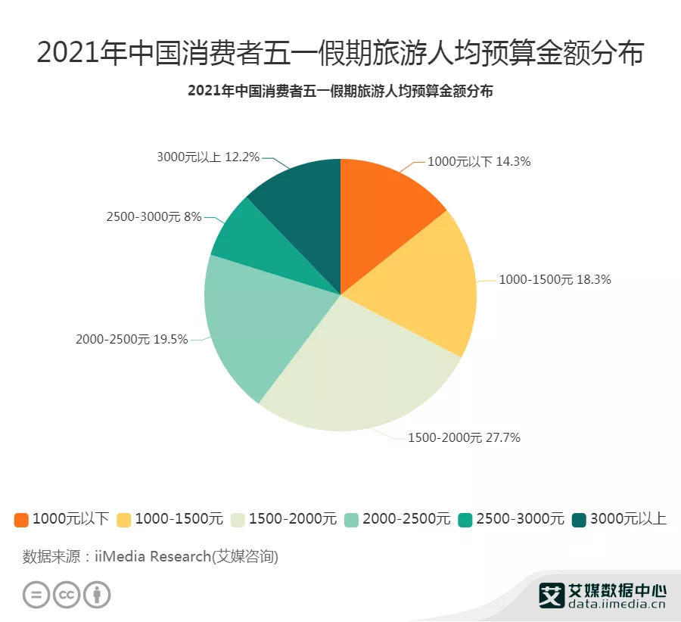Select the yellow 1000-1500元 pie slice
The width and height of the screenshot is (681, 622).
click(424, 288)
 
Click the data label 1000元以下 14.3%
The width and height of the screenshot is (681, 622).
click(479, 161)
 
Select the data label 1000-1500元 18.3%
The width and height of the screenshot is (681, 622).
click(555, 279)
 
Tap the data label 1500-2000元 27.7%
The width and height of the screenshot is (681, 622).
click(464, 437)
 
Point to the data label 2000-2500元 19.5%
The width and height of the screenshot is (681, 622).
click(132, 339)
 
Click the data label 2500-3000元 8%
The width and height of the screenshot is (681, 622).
click(154, 216)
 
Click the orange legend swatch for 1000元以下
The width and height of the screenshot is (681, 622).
click(21, 520)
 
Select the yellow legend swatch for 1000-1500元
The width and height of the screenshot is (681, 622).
click(124, 520)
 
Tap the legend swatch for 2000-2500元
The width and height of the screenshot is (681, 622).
click(352, 520)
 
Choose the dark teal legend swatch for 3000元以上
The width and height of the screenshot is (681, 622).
click(580, 520)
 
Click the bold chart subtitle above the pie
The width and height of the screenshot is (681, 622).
click(340, 92)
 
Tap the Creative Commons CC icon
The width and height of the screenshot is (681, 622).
click(67, 594)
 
